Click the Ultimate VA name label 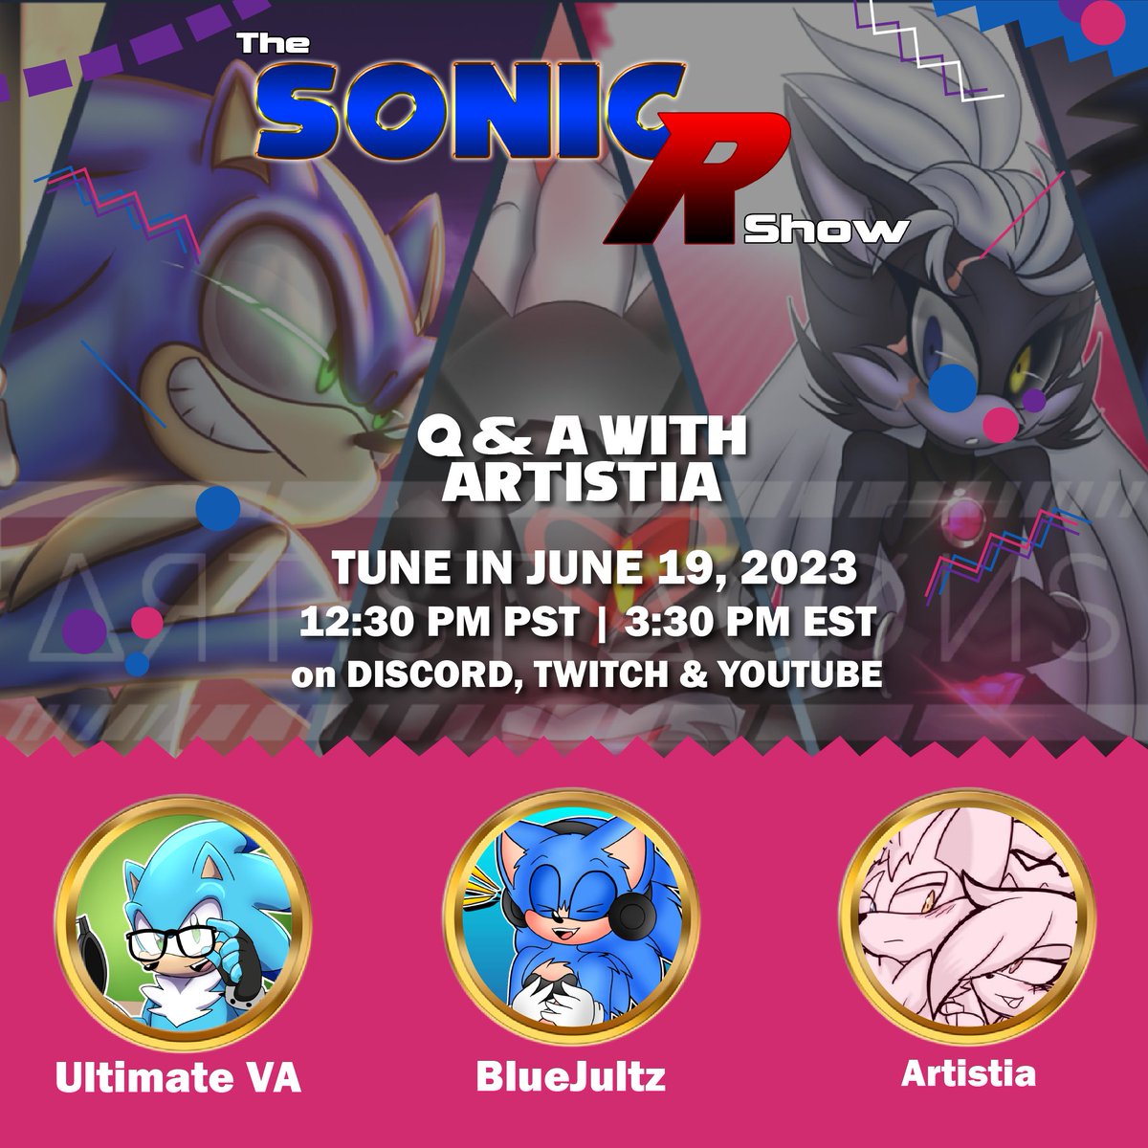coord(178,1078)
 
